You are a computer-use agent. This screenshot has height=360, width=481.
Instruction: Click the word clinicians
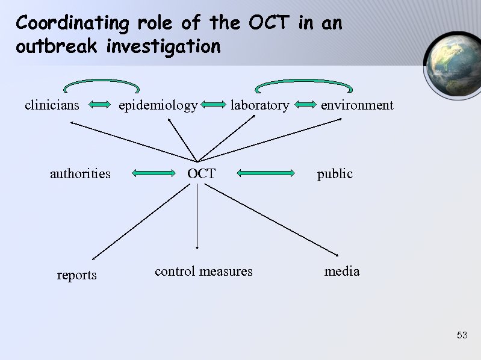pyautogui.click(x=52, y=105)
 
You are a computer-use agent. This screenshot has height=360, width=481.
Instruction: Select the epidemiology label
pyautogui.click(x=158, y=106)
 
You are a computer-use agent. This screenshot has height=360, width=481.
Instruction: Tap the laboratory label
pyautogui.click(x=259, y=105)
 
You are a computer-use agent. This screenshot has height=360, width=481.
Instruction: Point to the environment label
pyautogui.click(x=357, y=105)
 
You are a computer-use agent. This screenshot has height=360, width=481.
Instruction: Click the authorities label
pyautogui.click(x=80, y=174)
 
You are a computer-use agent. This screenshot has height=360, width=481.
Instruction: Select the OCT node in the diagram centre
pyautogui.click(x=201, y=174)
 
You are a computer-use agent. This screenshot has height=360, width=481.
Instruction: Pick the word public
pyautogui.click(x=335, y=174)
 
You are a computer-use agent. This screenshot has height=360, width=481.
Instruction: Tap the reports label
pyautogui.click(x=76, y=275)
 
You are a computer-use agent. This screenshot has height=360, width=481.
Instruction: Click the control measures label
pyautogui.click(x=203, y=272)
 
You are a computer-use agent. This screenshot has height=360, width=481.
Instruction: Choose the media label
pyautogui.click(x=342, y=272)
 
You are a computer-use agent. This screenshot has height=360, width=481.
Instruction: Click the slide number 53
pyautogui.click(x=462, y=335)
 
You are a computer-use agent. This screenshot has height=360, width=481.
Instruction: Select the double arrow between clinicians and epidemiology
pyautogui.click(x=98, y=105)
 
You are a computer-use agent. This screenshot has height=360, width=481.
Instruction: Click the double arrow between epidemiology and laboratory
pyautogui.click(x=213, y=105)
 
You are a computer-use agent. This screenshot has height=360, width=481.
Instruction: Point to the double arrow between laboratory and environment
pyautogui.click(x=306, y=105)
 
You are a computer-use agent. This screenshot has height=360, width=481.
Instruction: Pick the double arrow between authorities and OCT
pyautogui.click(x=152, y=174)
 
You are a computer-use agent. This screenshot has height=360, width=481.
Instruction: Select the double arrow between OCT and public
pyautogui.click(x=265, y=174)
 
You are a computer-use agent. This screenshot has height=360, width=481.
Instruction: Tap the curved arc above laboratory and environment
pyautogui.click(x=303, y=82)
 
